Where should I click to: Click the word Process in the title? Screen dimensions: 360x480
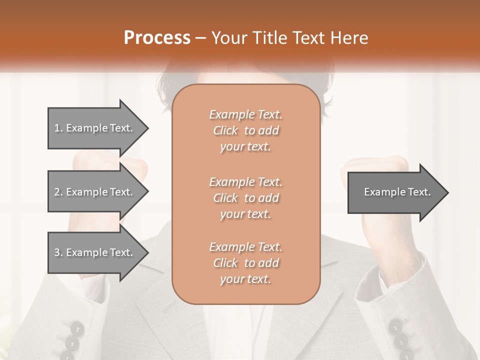(157, 38)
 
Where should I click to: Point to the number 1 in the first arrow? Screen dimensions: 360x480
(56, 128)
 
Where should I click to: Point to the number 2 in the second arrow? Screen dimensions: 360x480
(56, 192)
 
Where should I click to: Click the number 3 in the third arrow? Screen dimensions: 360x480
(56, 252)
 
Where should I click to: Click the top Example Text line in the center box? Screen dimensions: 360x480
(245, 114)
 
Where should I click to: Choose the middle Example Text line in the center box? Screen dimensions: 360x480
(245, 182)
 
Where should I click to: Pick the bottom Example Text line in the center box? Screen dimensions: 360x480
(245, 247)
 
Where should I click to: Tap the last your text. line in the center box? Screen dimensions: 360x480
(245, 279)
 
